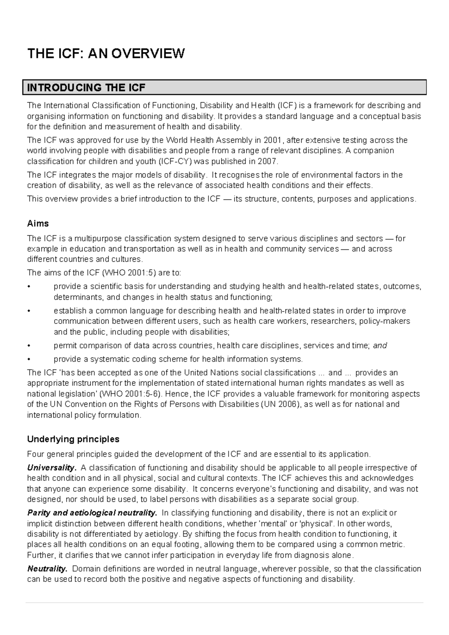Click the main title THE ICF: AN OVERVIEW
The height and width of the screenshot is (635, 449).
coord(106,53)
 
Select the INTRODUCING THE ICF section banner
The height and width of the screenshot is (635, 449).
coord(224,88)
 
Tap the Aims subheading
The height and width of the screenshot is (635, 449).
coord(38,224)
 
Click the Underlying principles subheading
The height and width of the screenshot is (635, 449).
coord(73,439)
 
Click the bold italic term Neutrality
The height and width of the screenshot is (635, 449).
coord(48,569)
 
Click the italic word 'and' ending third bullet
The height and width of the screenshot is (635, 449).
coord(380,346)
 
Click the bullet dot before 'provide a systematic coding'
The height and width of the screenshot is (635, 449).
coord(29,359)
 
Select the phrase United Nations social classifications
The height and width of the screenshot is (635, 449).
coord(250,372)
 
